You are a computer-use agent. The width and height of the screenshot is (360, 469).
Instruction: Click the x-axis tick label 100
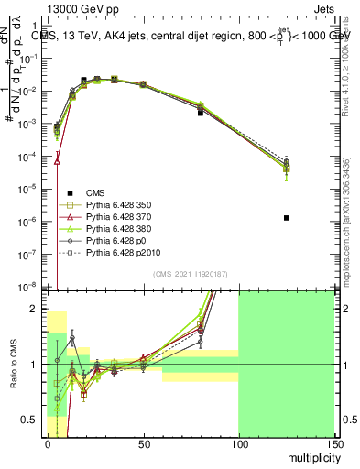238,442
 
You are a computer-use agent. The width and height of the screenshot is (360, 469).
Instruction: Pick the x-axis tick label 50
143,442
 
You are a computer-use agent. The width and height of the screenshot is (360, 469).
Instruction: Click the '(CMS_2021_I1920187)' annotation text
191,275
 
